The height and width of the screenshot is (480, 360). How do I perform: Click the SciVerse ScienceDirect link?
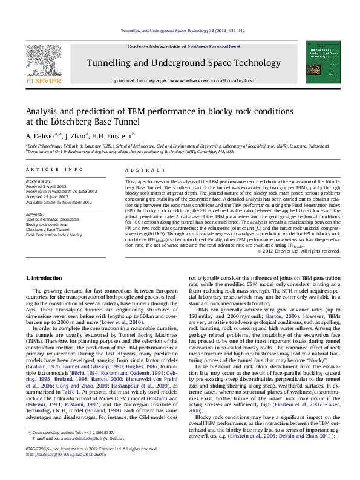tap(214, 47)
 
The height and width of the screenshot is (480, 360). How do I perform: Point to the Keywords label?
tap(35, 214)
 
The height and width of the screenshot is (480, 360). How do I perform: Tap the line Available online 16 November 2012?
tap(58, 202)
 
